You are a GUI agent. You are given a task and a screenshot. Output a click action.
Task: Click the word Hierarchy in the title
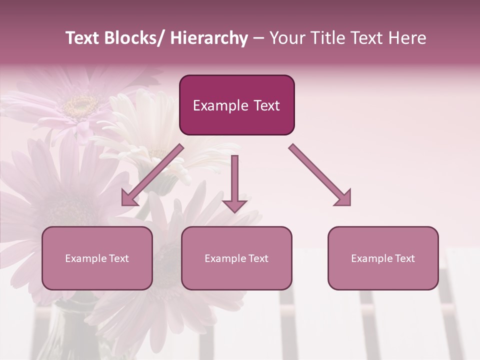point(208,38)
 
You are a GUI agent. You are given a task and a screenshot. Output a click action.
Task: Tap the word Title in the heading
point(325,38)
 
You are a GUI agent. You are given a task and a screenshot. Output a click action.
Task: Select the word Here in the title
point(408,38)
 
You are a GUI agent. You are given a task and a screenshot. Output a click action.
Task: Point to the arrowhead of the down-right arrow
point(344,198)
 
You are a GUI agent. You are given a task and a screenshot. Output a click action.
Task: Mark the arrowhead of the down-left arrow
point(128,198)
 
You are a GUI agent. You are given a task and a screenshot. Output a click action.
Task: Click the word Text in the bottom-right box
point(404,258)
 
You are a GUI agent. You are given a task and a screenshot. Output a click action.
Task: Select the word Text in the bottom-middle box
point(258,258)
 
